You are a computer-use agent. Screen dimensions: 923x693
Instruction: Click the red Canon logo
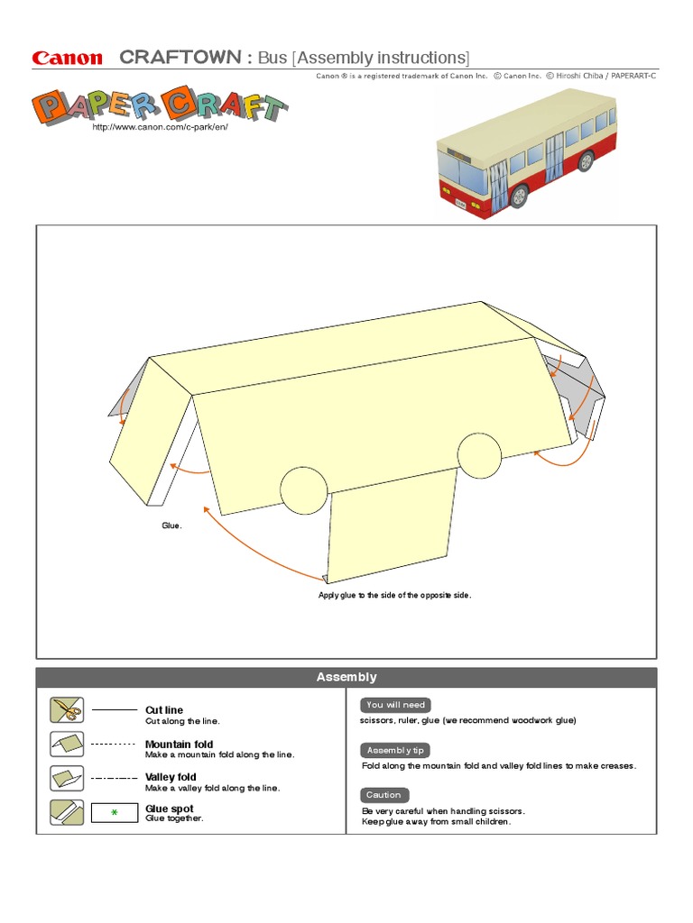68,59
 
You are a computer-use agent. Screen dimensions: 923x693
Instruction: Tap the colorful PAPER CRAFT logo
161,105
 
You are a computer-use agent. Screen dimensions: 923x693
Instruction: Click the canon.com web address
160,128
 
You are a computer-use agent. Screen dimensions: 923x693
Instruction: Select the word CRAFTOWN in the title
180,58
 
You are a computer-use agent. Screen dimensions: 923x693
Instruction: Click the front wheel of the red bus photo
519,195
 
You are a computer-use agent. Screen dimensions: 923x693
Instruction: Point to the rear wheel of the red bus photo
586,162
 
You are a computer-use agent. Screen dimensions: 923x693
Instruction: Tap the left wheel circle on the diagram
304,489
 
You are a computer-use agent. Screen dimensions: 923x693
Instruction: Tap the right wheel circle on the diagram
479,455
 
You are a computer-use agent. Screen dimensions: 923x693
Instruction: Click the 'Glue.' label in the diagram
171,525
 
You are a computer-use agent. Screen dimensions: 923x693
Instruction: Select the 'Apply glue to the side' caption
394,595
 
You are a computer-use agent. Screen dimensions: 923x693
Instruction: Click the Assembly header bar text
346,677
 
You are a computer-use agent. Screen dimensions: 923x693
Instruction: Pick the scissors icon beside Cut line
67,710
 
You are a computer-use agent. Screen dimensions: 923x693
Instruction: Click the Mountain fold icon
67,744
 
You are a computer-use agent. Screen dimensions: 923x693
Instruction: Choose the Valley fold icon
67,777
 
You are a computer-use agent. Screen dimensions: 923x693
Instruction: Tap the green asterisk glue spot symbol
115,813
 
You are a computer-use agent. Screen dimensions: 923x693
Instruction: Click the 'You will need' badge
395,705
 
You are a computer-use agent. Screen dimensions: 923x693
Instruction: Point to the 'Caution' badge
383,795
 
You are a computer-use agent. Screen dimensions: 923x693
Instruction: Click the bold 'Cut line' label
164,710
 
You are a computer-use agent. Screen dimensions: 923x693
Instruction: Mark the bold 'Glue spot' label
170,809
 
